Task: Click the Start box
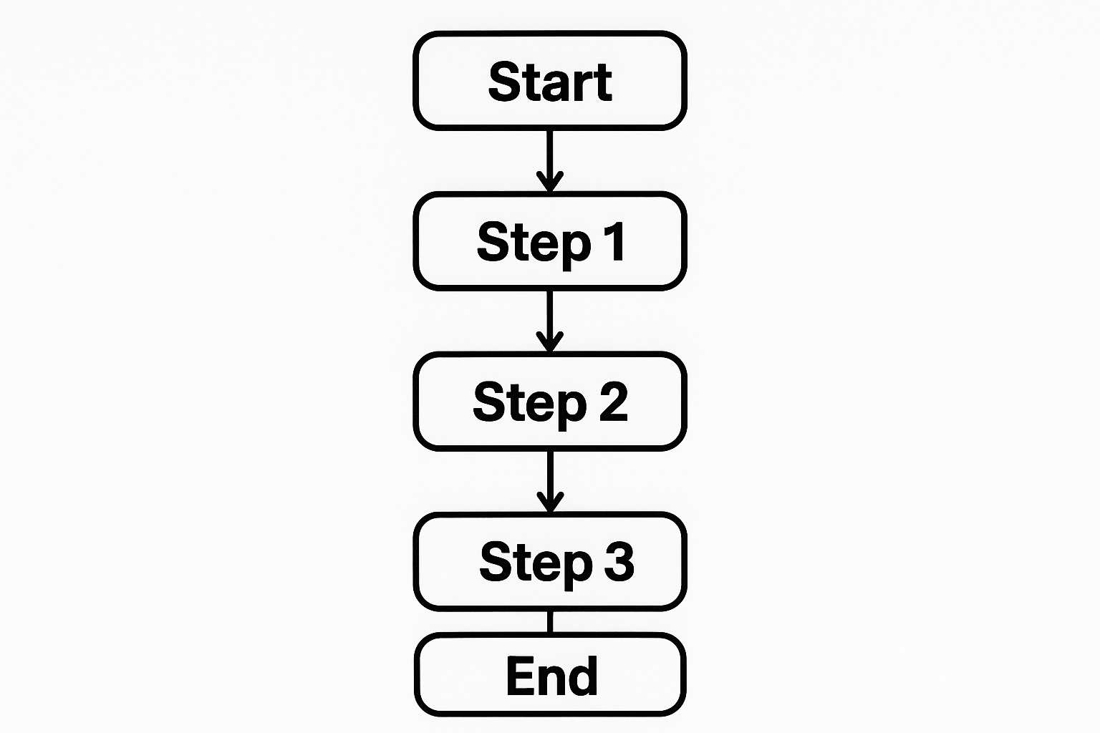[x=549, y=80]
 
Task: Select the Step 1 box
[x=549, y=241]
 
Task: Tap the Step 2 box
[x=549, y=402]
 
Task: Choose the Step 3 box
[x=549, y=562]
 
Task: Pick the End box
[x=549, y=675]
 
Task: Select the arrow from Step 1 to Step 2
[x=549, y=319]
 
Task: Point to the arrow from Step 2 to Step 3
[x=549, y=480]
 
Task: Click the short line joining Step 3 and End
[x=549, y=622]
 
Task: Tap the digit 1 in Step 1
[x=613, y=241]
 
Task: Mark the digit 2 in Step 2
[x=613, y=402]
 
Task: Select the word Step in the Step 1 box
[x=534, y=243]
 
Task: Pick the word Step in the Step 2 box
[x=530, y=404]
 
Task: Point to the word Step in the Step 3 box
[x=536, y=564]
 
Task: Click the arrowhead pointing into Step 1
[x=549, y=183]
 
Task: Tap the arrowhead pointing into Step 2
[x=549, y=343]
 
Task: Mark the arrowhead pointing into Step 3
[x=549, y=503]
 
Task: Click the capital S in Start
[x=503, y=81]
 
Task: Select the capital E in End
[x=521, y=676]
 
